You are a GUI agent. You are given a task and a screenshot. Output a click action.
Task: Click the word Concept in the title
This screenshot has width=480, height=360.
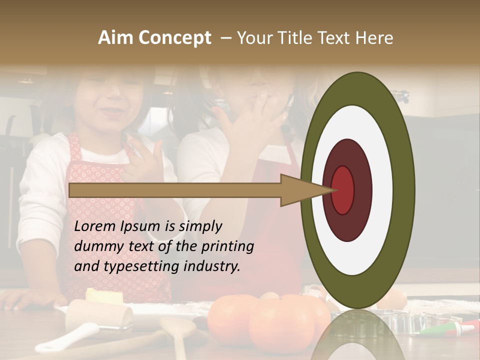(x=174, y=38)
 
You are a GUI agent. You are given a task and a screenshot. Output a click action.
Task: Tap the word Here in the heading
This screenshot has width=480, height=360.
(x=374, y=38)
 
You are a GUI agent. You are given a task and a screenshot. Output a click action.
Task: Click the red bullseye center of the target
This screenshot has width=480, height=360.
(x=342, y=190)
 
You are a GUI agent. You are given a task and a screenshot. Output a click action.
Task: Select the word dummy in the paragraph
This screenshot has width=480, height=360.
(x=97, y=246)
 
